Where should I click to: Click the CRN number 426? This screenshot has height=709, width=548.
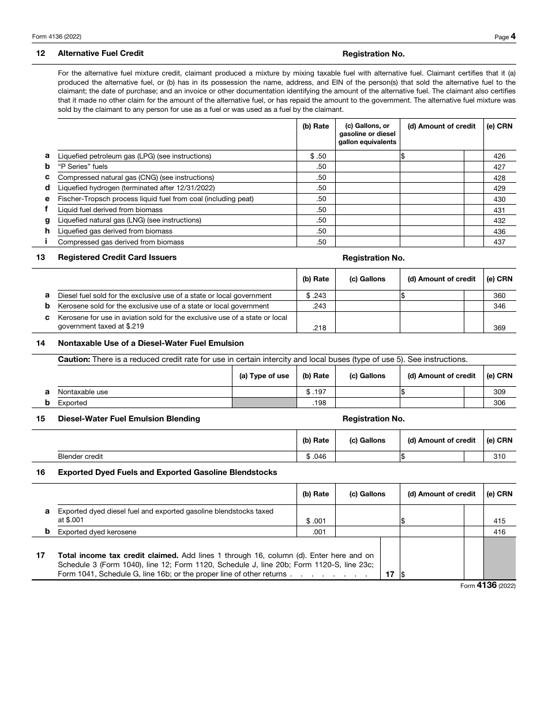click(500, 156)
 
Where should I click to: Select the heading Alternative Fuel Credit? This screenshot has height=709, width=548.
click(101, 54)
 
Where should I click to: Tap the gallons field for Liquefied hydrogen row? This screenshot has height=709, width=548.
click(367, 188)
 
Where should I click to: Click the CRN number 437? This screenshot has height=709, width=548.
click(500, 242)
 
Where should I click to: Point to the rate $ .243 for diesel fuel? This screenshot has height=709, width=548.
click(316, 296)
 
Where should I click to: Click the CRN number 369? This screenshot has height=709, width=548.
click(500, 328)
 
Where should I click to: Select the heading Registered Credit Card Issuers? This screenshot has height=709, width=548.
click(117, 258)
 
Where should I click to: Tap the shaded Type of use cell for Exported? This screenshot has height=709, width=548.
click(264, 403)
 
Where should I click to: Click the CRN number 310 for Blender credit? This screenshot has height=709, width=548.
click(500, 457)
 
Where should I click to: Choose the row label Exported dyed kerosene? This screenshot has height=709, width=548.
click(97, 532)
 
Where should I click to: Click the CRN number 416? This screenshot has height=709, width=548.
click(500, 532)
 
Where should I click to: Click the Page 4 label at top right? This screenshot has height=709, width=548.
click(505, 37)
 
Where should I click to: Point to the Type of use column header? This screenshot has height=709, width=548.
click(264, 376)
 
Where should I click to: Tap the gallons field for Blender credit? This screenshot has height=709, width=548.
click(367, 457)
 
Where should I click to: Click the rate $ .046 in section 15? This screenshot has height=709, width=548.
click(316, 457)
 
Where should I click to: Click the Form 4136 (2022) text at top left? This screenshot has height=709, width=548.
click(57, 37)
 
